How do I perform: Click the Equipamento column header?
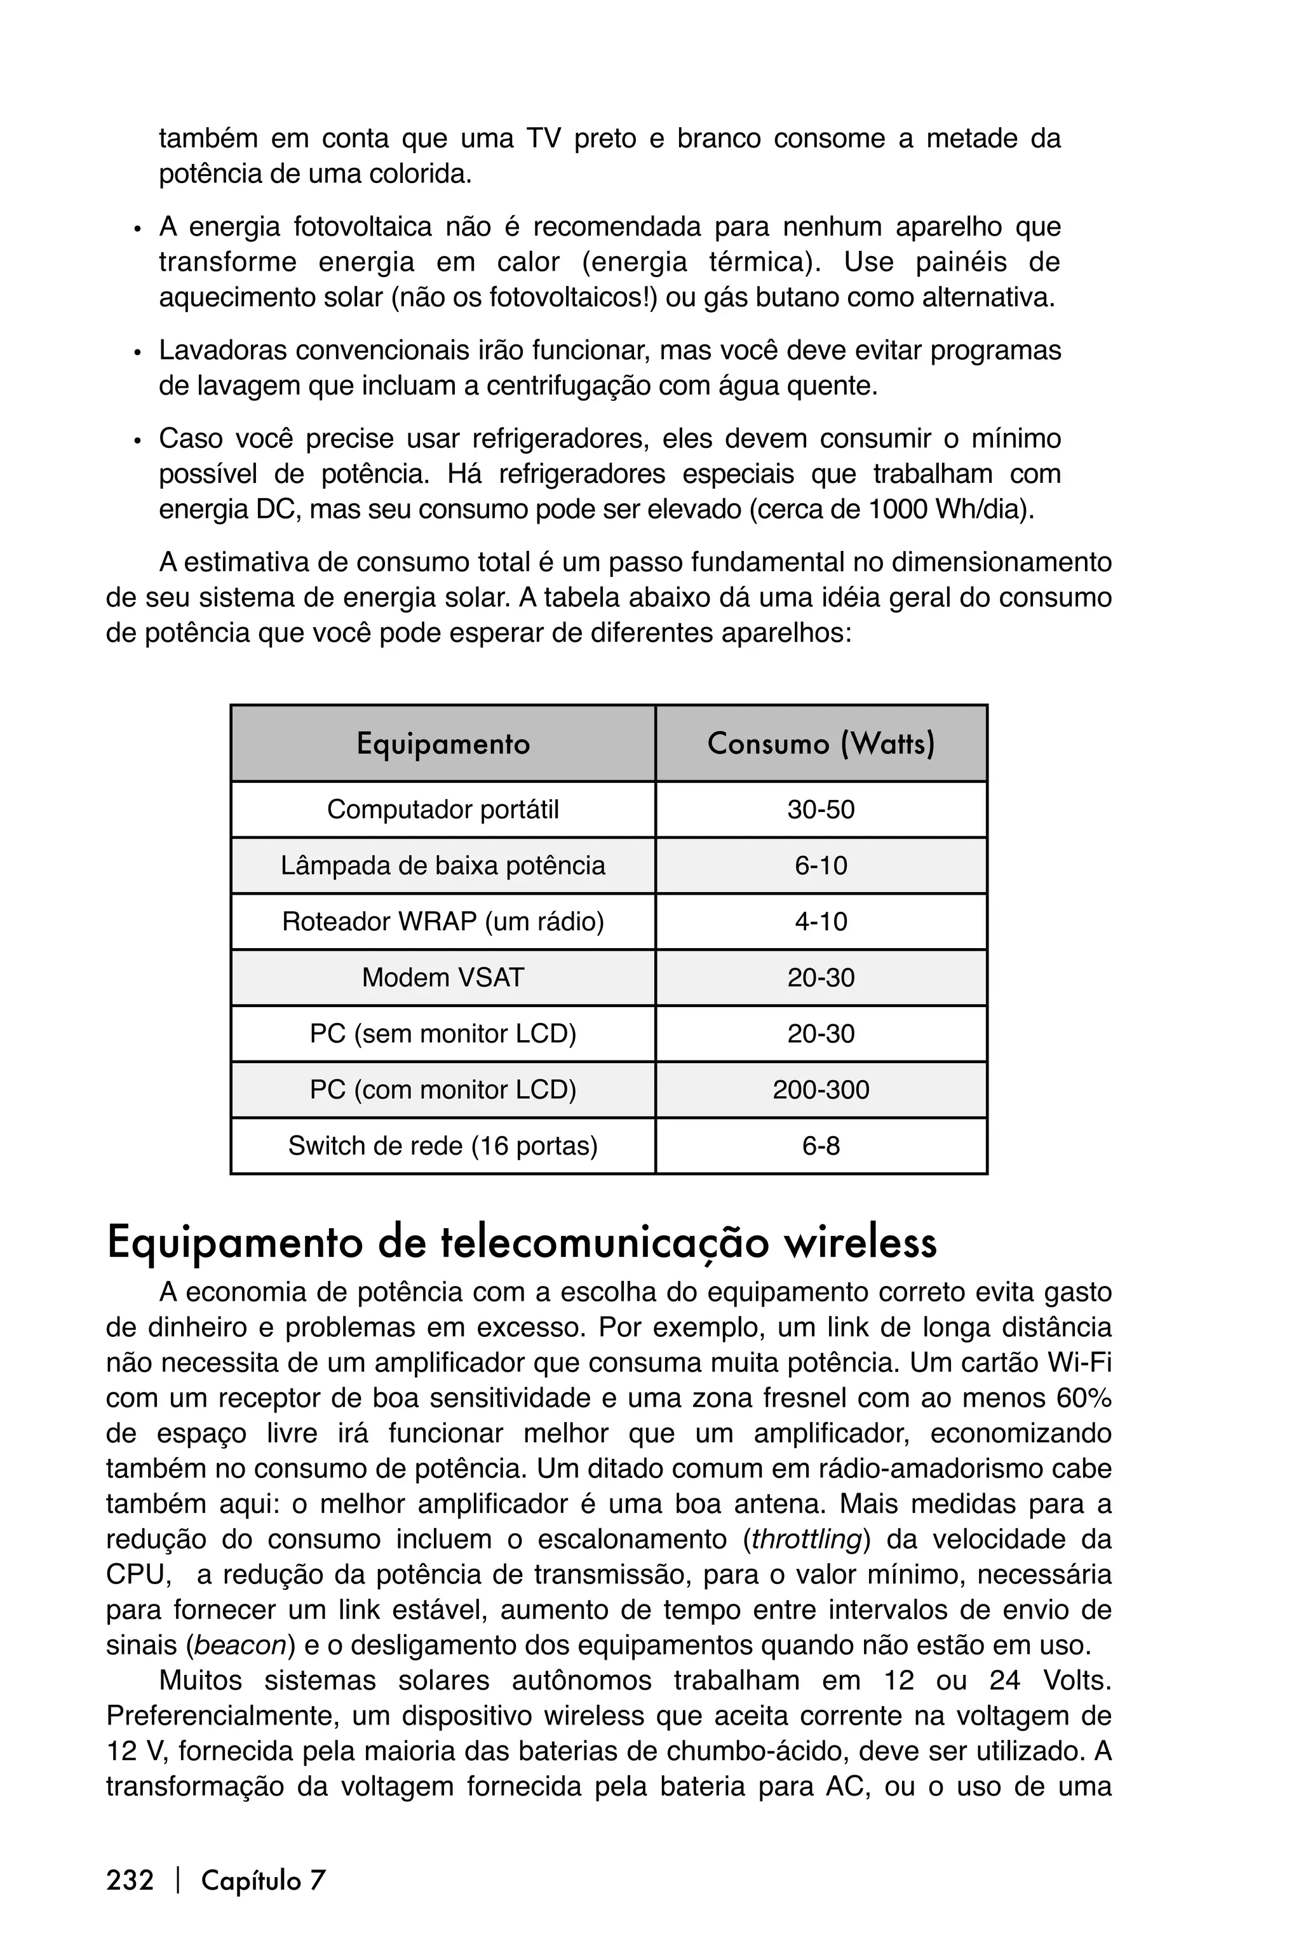click(443, 743)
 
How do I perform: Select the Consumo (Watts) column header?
click(821, 743)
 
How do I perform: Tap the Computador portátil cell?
click(443, 809)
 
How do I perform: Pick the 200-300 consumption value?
click(821, 1090)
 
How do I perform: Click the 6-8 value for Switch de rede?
click(821, 1146)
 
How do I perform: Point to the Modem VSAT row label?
click(443, 978)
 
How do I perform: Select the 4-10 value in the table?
click(821, 921)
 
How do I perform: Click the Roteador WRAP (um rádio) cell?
click(443, 921)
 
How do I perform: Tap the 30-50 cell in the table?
click(821, 809)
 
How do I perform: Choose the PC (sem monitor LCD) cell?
click(443, 1034)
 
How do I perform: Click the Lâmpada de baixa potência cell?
click(443, 865)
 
